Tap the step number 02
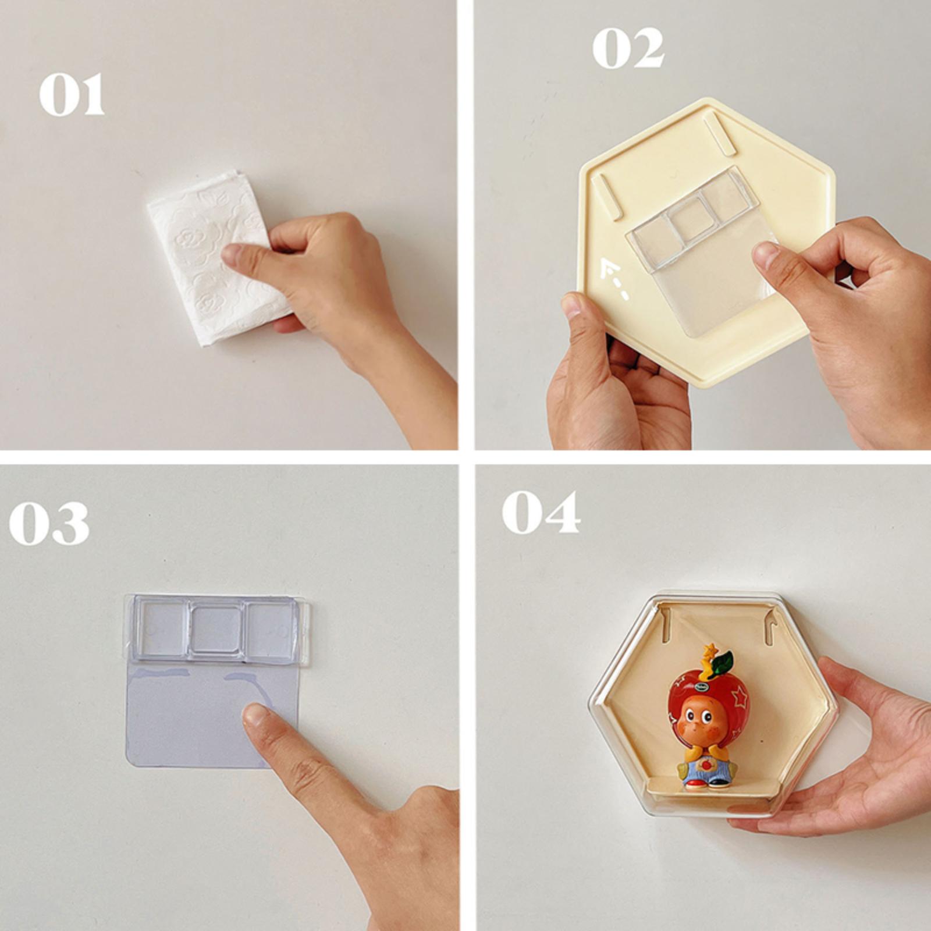(x=628, y=48)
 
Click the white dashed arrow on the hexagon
(x=614, y=276)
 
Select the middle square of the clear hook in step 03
(x=215, y=628)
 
